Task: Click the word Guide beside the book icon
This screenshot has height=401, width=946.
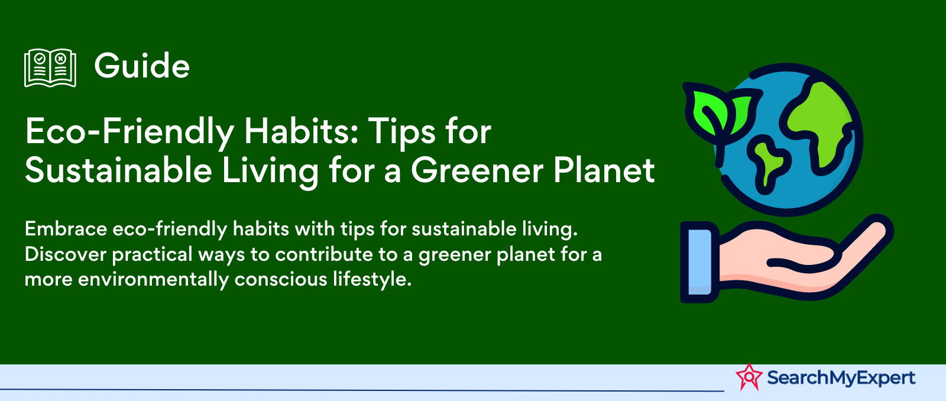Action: pyautogui.click(x=142, y=66)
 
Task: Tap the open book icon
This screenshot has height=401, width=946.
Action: pyautogui.click(x=50, y=67)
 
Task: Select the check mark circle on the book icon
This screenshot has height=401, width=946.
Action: pyautogui.click(x=40, y=59)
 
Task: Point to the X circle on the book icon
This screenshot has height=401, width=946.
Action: pyautogui.click(x=61, y=59)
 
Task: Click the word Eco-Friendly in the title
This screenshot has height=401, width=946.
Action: pyautogui.click(x=129, y=132)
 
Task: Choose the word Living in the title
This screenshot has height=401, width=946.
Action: pyautogui.click(x=270, y=172)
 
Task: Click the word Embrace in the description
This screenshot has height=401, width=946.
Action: pyautogui.click(x=66, y=229)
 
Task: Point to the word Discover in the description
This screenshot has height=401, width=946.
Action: pyautogui.click(x=66, y=254)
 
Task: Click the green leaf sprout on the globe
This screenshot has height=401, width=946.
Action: pyautogui.click(x=718, y=112)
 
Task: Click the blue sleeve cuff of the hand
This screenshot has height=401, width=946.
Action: pyautogui.click(x=699, y=262)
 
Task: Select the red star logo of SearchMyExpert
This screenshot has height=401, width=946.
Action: pyautogui.click(x=749, y=377)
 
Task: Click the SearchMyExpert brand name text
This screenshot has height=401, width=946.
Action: pyautogui.click(x=841, y=378)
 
